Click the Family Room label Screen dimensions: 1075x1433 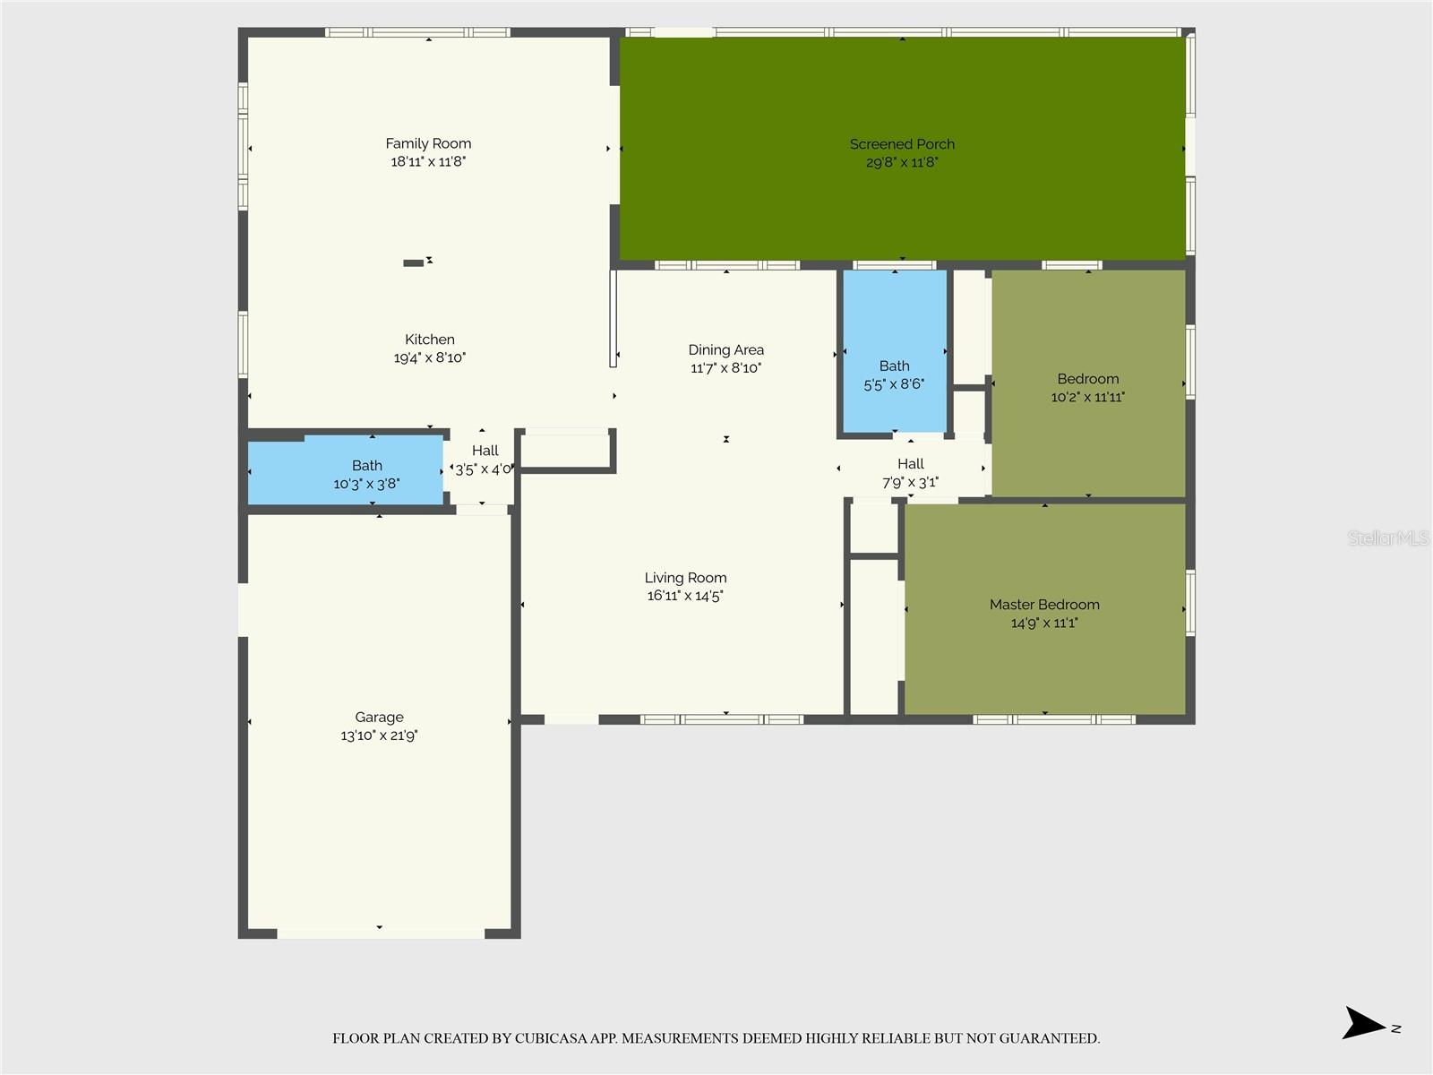pos(428,143)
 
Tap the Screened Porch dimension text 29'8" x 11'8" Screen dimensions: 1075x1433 pos(902,162)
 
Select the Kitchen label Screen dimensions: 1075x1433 pos(430,340)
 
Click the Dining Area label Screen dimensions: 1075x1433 pos(725,350)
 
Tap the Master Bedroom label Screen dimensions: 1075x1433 pos(1044,605)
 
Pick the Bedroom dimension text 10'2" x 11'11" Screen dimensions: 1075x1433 pos(1087,397)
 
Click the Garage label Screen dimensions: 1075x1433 pos(379,718)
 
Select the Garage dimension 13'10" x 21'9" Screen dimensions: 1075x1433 pos(379,735)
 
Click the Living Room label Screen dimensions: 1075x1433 pos(685,578)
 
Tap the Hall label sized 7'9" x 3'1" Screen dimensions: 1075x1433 pos(910,464)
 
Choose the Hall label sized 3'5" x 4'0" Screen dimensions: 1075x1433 pos(485,451)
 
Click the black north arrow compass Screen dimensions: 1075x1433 pos(1363,1023)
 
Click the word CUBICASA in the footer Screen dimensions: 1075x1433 pos(551,1038)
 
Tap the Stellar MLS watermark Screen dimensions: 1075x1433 pos(1387,538)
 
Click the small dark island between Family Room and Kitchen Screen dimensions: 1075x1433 pos(413,262)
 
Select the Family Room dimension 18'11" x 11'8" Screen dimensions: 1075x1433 pos(428,162)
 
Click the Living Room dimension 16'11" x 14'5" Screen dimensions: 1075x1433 pos(685,596)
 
